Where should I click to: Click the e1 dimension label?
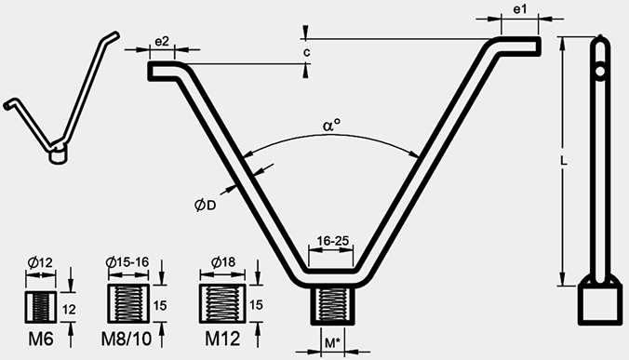519,9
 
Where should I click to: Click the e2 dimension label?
162,41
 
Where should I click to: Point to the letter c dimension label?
306,52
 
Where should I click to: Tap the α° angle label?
331,126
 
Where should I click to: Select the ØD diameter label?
205,206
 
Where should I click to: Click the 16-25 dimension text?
332,241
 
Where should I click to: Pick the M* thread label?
332,342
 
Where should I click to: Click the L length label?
564,161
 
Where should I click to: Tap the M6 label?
41,340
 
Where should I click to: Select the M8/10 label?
127,340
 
